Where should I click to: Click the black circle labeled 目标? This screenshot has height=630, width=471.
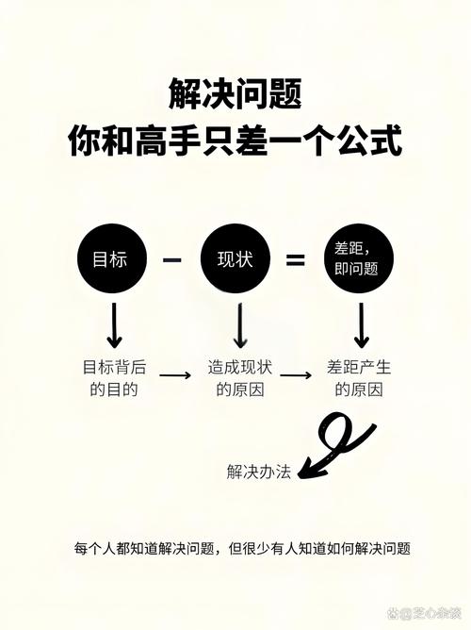[112, 258]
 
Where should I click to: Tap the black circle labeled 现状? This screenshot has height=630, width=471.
[235, 258]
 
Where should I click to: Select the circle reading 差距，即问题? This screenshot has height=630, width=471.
[359, 258]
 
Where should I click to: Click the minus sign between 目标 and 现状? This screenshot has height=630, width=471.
[171, 260]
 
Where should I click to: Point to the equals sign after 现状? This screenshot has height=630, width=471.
[295, 260]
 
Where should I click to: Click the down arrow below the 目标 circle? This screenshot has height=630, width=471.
[115, 325]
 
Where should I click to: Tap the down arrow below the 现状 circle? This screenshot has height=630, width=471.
[240, 325]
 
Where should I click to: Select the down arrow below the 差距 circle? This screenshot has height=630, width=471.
[362, 325]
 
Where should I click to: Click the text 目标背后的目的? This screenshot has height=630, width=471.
[114, 378]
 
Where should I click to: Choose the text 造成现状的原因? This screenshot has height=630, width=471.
[240, 378]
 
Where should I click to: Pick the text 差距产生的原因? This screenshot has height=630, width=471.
[359, 378]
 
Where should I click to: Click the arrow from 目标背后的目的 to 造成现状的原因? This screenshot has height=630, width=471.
[175, 375]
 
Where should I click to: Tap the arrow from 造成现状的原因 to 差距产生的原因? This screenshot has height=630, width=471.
[296, 375]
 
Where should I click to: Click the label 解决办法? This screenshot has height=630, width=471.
[259, 472]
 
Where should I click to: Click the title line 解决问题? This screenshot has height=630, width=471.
[235, 94]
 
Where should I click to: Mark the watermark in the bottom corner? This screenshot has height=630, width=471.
[424, 614]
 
